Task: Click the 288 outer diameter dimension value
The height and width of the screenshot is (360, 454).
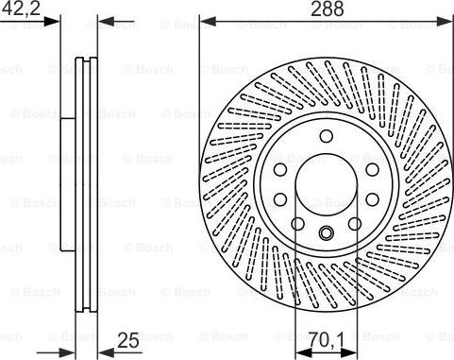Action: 327,9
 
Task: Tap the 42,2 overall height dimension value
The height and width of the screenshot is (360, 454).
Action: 20,9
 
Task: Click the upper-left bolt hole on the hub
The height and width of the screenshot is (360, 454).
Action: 281,168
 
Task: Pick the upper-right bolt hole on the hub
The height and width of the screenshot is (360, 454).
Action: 371,168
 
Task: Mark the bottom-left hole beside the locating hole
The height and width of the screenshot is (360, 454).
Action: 298,223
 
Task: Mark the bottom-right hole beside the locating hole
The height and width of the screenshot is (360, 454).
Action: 355,223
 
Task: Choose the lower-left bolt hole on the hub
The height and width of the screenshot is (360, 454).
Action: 281,197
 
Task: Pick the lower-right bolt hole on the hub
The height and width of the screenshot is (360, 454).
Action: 371,197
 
